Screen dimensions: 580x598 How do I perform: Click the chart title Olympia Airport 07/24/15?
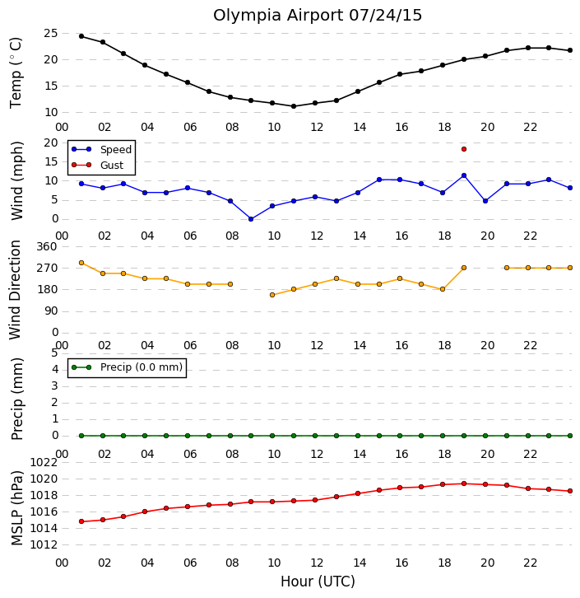click(x=318, y=16)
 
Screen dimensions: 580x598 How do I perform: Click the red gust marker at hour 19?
click(x=464, y=149)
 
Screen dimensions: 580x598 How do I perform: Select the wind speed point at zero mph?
click(x=251, y=219)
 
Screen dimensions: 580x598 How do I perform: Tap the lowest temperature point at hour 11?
click(x=294, y=106)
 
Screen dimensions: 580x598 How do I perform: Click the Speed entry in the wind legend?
click(x=102, y=150)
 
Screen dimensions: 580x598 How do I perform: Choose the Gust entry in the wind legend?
click(x=98, y=165)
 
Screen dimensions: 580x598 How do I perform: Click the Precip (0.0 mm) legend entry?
click(x=128, y=367)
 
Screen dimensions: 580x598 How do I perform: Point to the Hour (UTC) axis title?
click(x=318, y=582)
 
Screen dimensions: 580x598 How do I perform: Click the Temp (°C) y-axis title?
click(x=16, y=72)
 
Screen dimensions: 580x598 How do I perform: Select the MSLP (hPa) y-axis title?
click(x=17, y=508)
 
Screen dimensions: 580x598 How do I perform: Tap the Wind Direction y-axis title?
click(x=16, y=290)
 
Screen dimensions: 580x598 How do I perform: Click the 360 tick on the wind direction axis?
click(x=47, y=247)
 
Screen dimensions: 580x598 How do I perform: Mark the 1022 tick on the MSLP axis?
click(x=44, y=463)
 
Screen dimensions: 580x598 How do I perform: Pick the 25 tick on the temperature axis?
click(x=51, y=34)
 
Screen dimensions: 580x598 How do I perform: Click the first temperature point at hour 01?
click(x=81, y=36)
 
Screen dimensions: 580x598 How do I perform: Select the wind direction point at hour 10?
click(x=272, y=295)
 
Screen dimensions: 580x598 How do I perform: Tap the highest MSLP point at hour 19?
click(x=464, y=484)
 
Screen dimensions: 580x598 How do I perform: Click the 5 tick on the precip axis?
click(x=54, y=353)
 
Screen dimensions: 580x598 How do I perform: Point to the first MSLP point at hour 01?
click(x=81, y=521)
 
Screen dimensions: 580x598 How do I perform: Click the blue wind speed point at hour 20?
click(x=485, y=201)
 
